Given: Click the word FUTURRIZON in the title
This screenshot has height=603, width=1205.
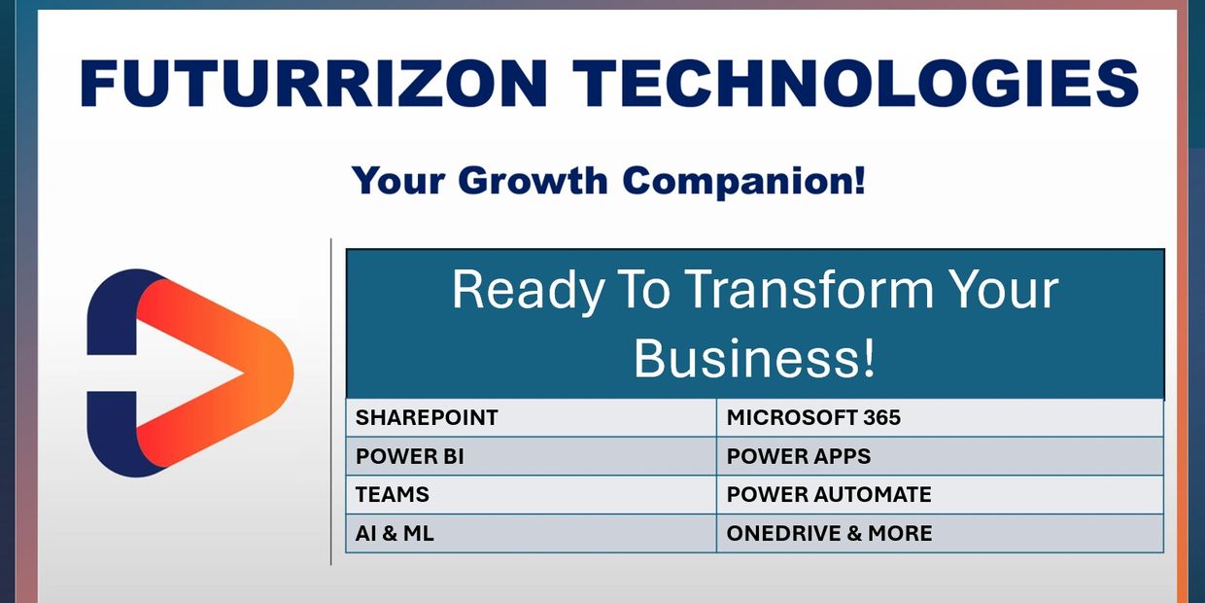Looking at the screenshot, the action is click(x=314, y=83).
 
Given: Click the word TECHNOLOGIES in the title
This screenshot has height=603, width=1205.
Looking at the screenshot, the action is click(x=855, y=83).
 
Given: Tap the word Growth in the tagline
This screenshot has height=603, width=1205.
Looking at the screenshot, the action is click(x=534, y=180).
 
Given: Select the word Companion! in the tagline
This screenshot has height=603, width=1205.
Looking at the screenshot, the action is click(x=744, y=182).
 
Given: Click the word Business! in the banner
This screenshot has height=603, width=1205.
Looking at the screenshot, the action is click(x=754, y=358).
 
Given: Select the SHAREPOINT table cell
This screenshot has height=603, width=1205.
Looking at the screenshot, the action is click(x=531, y=418).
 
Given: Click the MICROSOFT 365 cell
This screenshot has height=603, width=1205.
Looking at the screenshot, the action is click(x=940, y=418).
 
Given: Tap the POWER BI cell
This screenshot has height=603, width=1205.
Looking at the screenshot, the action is click(x=531, y=456).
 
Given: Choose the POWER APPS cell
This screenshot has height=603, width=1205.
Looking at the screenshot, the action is click(x=940, y=456).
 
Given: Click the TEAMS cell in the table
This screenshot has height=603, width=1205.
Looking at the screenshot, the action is click(x=531, y=494).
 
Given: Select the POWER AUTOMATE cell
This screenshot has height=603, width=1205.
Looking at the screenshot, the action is click(x=940, y=494).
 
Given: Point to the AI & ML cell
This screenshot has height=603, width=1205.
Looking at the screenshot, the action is click(x=531, y=533).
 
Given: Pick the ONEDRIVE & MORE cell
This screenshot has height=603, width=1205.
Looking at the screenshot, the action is click(x=940, y=533).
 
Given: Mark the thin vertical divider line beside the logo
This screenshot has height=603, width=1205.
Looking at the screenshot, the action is click(x=330, y=402).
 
